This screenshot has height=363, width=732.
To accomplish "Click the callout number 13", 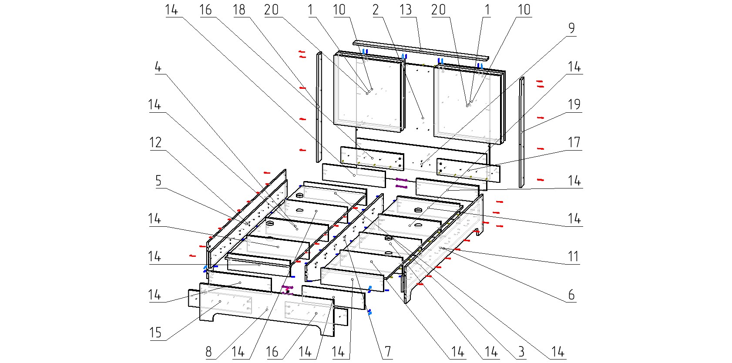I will (405, 10).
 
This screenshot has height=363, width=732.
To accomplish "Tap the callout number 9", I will (571, 29).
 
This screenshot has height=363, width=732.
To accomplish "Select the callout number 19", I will (574, 105).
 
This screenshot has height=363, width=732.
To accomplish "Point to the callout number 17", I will (574, 143).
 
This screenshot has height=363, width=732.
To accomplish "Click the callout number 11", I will (574, 256).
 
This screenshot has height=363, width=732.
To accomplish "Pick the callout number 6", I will (571, 295).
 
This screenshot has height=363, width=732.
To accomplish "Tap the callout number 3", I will (521, 352).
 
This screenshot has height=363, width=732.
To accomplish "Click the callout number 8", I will (208, 352).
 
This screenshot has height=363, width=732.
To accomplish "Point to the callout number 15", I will (155, 333).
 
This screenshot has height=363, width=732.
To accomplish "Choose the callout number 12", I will (155, 143).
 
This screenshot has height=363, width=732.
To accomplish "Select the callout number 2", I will (376, 10).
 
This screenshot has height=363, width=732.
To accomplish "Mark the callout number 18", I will (239, 10).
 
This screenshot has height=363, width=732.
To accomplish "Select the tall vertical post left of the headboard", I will (319, 107).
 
